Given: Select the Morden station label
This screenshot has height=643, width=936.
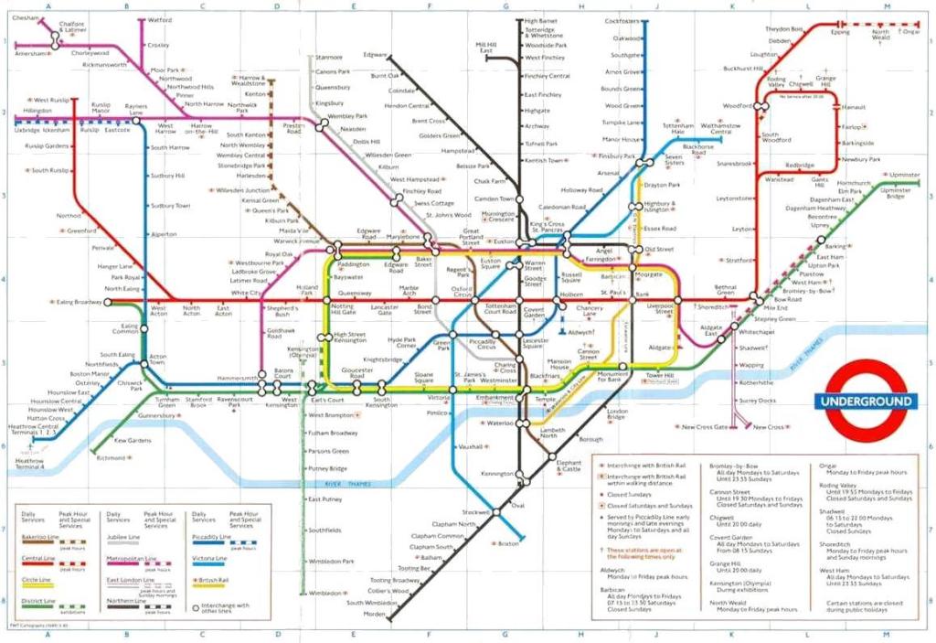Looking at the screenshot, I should [375, 614].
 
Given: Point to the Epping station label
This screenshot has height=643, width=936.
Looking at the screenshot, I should [840, 32].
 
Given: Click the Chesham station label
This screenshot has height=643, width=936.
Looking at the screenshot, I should [26, 18].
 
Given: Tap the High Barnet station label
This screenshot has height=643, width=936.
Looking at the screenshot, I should [541, 20].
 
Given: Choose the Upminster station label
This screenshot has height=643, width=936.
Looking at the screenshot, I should [904, 174].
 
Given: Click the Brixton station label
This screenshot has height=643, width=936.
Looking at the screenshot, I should [508, 543].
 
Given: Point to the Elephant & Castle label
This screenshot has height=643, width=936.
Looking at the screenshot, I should [569, 466].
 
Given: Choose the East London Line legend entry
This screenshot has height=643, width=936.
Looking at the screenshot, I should [128, 580].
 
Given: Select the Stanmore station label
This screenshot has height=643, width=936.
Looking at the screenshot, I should [328, 57].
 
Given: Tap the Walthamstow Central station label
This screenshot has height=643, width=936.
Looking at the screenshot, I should [719, 128].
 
